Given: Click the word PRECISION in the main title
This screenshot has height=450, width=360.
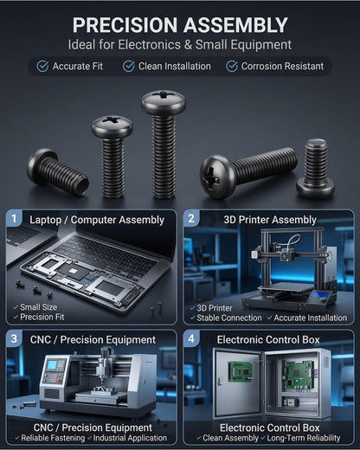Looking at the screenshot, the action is pos(125,25).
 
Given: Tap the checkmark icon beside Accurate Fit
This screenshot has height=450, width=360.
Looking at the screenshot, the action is pos(42,66).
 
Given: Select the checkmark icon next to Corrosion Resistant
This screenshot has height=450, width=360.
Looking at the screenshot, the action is pos(232,66).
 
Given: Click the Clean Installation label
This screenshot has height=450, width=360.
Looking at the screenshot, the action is pos(175,67).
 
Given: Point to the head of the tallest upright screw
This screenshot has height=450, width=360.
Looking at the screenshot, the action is pos(164,102).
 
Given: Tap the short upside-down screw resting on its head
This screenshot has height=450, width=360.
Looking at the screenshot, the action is pos(316,169).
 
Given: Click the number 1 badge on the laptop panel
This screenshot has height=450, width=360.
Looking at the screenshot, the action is pos(14,219).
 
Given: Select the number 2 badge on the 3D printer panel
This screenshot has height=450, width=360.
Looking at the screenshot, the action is pos(191,219).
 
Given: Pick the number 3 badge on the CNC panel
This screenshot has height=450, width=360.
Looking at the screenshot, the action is pos(14,338).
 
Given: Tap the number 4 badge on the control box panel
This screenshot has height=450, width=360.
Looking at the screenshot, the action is pos(191,338).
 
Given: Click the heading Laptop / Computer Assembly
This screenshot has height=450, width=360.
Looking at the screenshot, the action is pos(97,220).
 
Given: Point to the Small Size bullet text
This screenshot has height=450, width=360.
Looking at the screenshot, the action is pos(39,307).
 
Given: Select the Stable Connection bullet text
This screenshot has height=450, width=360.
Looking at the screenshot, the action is pos(229,318).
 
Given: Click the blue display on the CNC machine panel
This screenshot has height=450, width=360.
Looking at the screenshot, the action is pos(52,365).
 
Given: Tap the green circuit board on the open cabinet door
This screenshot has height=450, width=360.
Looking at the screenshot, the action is pos(241,372).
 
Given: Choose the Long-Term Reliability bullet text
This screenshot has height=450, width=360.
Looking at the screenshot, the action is pos(304,438).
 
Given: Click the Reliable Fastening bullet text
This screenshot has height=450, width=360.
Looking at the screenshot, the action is pos(53,438).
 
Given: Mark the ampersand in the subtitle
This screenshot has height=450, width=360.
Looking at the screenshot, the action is pos(188,45).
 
